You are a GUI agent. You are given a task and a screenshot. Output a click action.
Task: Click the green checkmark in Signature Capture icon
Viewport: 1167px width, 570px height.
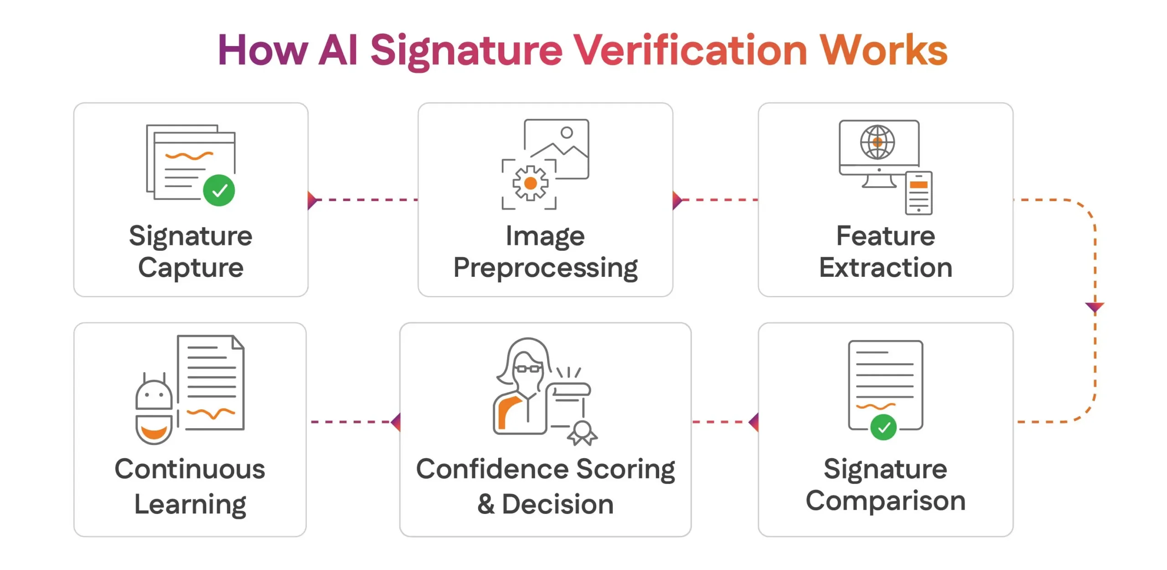pos(219,190)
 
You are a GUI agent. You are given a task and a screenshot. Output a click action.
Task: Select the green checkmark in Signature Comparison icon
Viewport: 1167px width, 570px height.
pos(883,427)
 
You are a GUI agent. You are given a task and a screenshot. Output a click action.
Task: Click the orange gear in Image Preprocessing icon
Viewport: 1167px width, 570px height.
pos(530,183)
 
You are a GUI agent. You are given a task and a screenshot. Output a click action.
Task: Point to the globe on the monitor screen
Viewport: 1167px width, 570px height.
pos(877,142)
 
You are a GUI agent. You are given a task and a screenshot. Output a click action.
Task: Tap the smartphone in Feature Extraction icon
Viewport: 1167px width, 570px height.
pos(919,193)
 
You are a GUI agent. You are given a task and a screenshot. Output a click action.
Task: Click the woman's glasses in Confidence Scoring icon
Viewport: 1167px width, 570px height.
pos(528,368)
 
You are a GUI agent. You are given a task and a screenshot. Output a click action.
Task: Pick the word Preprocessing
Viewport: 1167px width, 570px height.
pos(545,268)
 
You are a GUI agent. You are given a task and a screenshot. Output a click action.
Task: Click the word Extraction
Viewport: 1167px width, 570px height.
pos(885,268)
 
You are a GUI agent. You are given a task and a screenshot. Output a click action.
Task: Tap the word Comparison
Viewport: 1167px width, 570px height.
pos(885,501)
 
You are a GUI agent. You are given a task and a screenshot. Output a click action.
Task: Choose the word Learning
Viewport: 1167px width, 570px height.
pos(190,504)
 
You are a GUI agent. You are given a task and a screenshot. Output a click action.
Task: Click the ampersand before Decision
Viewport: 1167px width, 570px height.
pos(486,504)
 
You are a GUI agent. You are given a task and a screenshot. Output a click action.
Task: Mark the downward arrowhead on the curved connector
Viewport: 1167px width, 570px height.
pos(1095,307)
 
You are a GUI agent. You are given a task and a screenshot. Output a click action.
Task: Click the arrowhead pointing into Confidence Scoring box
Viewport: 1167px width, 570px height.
pos(396,422)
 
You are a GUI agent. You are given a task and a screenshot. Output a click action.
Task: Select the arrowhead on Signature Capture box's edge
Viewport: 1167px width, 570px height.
pos(312,200)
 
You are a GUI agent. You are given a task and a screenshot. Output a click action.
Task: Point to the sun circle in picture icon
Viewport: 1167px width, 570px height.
pos(567,133)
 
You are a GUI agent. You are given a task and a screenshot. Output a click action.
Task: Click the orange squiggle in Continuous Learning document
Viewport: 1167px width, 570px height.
pos(211,414)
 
